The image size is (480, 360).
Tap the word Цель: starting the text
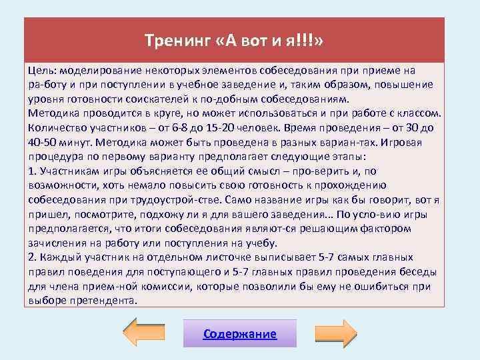coord(42,71)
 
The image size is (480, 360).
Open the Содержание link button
coord(239,334)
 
